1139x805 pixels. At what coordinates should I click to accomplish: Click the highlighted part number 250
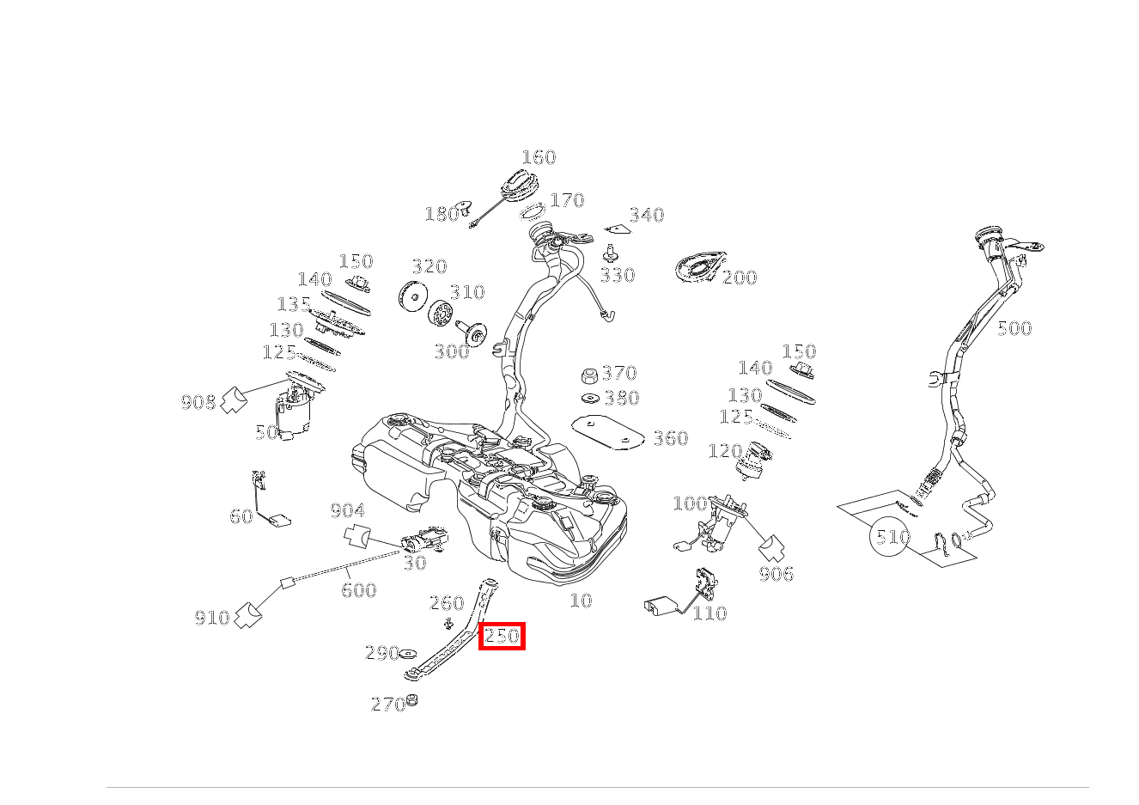point(502,636)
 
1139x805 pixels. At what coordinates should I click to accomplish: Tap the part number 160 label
point(539,157)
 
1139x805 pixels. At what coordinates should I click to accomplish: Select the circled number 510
point(889,536)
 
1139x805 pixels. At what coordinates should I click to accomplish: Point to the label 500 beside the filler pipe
point(1014,328)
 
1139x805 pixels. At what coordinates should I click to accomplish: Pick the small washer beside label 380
point(590,398)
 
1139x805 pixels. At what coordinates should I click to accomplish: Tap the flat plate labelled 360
point(608,433)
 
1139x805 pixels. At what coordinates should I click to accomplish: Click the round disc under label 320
point(413,296)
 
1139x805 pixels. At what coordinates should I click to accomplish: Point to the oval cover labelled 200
point(700,267)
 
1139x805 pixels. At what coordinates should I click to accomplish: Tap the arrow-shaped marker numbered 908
point(234,399)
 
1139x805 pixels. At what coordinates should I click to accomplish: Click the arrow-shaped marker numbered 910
point(248,615)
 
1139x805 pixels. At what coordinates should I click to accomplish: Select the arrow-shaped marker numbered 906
point(771,548)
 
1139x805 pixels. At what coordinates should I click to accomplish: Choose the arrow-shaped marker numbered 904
point(357,536)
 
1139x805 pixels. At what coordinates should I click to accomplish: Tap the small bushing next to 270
point(411,700)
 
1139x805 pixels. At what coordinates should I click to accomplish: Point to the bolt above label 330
point(609,253)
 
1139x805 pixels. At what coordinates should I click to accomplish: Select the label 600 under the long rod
point(359,590)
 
